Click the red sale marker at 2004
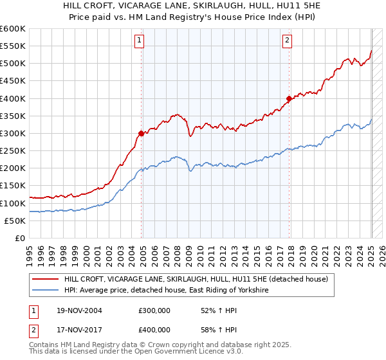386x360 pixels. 141,134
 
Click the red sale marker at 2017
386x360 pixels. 289,99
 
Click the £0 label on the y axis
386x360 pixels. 21,238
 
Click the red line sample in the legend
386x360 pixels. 45,279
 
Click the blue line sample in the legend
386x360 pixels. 45,291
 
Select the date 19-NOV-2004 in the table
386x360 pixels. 78,310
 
